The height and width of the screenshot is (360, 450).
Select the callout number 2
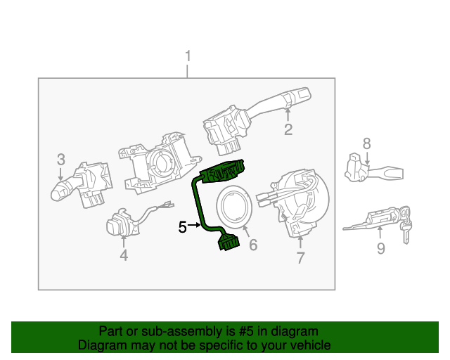tap(288, 129)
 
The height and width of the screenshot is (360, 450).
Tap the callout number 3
tap(61, 159)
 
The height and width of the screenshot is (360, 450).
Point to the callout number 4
tap(124, 256)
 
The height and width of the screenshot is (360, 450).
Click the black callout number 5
tap(182, 227)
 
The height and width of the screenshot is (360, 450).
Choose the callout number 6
tap(253, 245)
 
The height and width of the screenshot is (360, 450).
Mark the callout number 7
tap(300, 258)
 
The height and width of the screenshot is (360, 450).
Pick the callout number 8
tap(366, 143)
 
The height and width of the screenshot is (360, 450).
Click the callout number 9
tap(380, 248)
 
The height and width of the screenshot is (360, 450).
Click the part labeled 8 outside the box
tap(369, 170)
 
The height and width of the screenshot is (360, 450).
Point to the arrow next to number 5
tap(195, 226)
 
